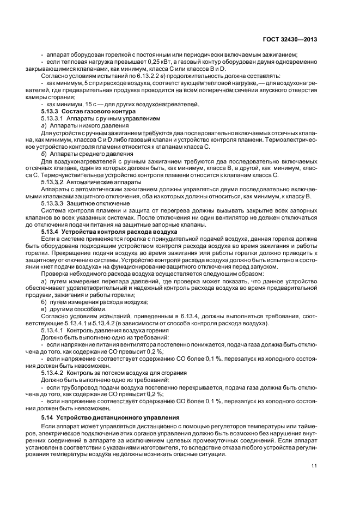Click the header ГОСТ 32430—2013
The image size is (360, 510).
tap(291, 39)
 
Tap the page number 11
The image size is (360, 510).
tap(314, 465)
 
